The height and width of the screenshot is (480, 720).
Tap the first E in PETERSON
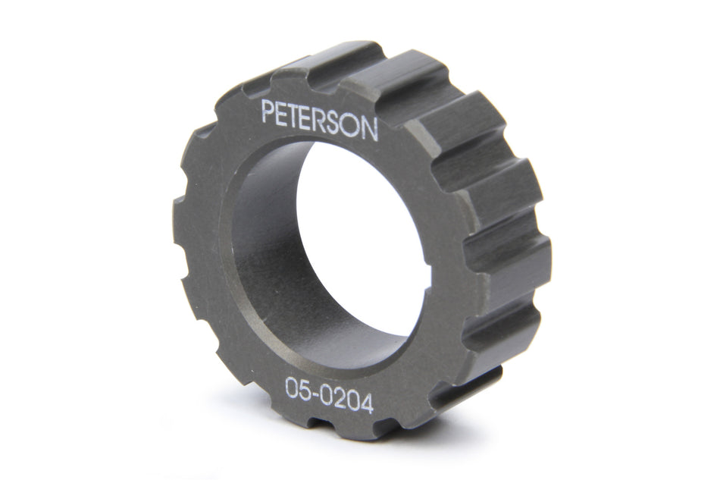coord(284,115)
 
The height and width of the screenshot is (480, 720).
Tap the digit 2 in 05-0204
coord(342,400)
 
